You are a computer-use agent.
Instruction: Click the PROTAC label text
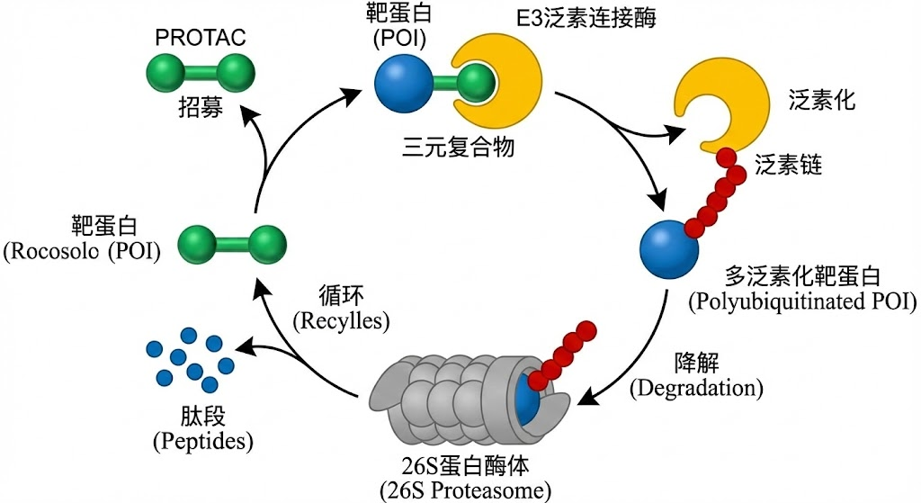click(201, 40)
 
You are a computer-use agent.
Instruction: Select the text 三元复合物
click(459, 146)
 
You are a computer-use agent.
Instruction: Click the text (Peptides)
click(202, 442)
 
